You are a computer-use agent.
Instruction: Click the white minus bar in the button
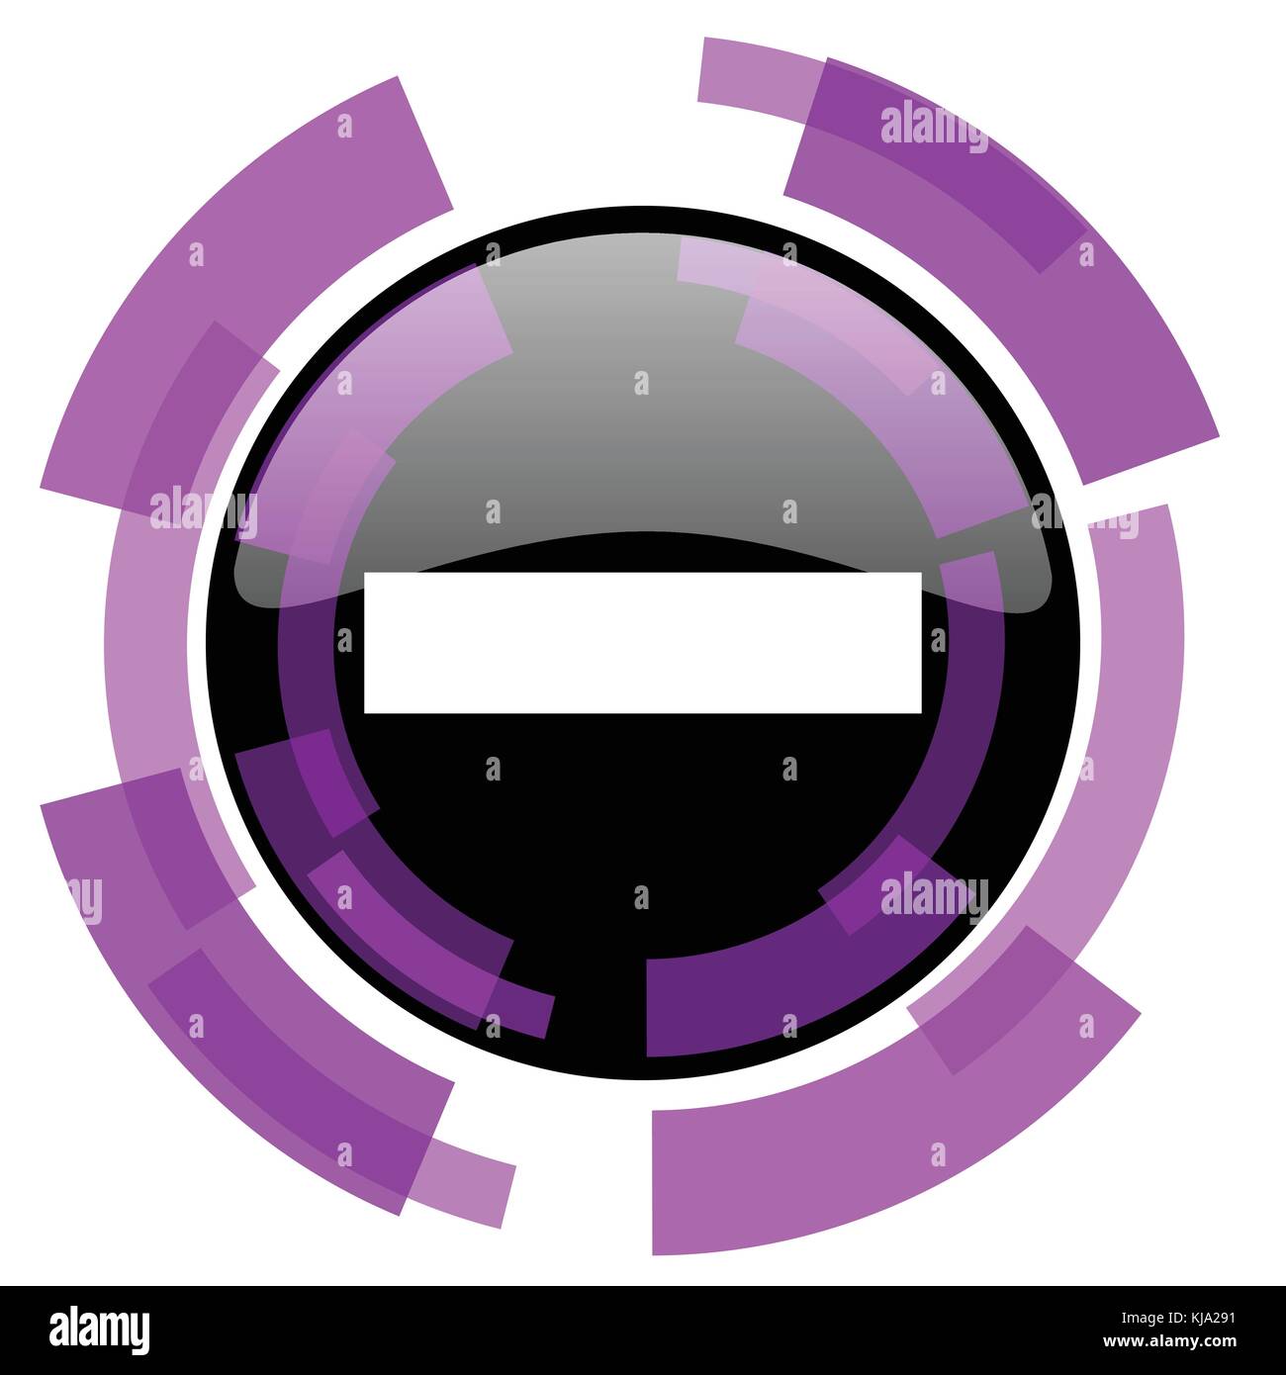point(643,642)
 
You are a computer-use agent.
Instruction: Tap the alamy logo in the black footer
point(100,1329)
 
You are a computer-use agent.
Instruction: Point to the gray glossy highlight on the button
point(643,435)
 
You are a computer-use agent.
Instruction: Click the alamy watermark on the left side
point(203,510)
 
